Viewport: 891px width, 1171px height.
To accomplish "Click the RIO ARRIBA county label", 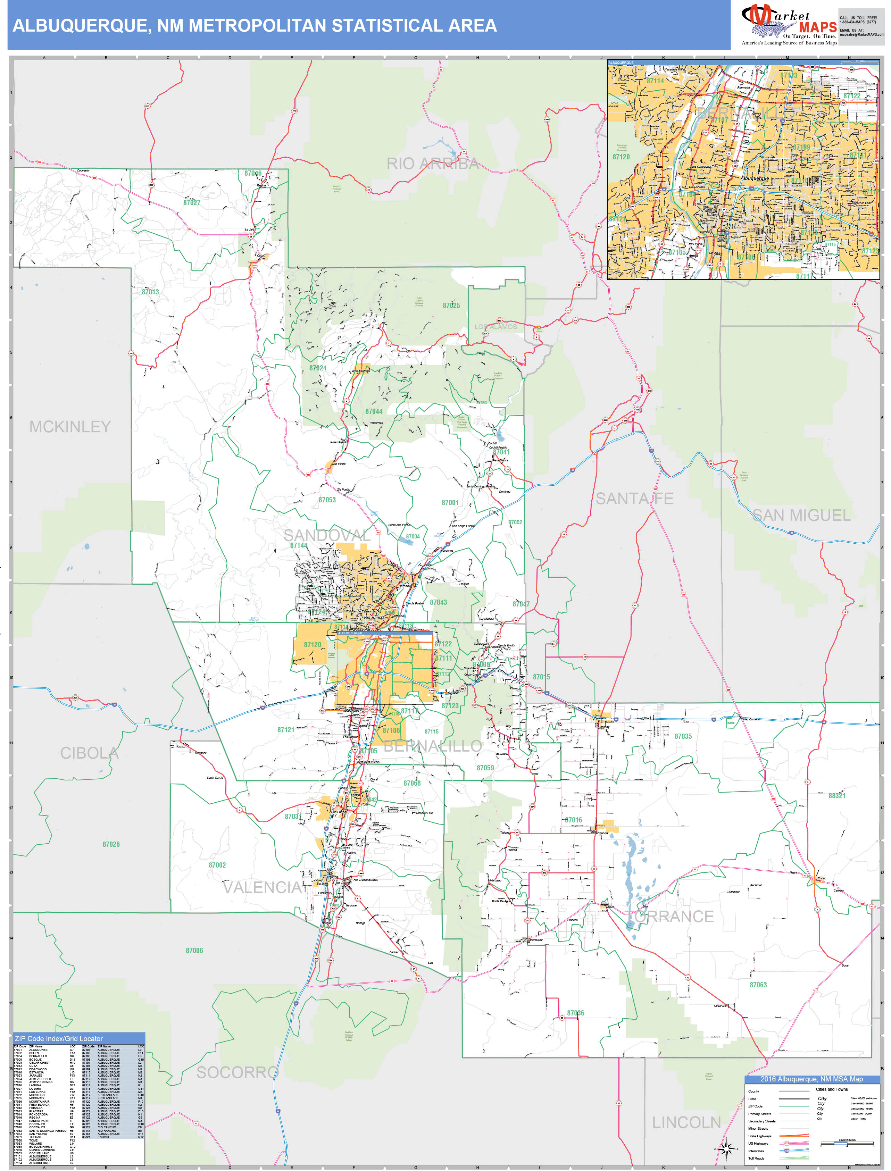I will coord(432,164).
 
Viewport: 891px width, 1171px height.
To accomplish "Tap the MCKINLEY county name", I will coord(70,427).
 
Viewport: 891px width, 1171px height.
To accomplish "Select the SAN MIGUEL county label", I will coord(801,515).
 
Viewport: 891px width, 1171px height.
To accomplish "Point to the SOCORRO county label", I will coord(237,1072).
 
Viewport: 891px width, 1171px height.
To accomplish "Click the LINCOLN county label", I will coord(686,1122).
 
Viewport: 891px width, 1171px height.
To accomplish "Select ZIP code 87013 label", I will coord(150,292).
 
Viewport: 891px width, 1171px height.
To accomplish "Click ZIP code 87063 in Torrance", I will coord(758,985).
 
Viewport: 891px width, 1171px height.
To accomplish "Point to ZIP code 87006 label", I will coord(194,951).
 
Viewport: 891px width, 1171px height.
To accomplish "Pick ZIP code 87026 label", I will coord(111,844).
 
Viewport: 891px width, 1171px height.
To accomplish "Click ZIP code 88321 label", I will coord(837,796).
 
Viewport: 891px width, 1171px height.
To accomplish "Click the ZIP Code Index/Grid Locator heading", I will coord(59,1038).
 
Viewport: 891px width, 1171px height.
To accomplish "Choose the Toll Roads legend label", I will coord(756,1158).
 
